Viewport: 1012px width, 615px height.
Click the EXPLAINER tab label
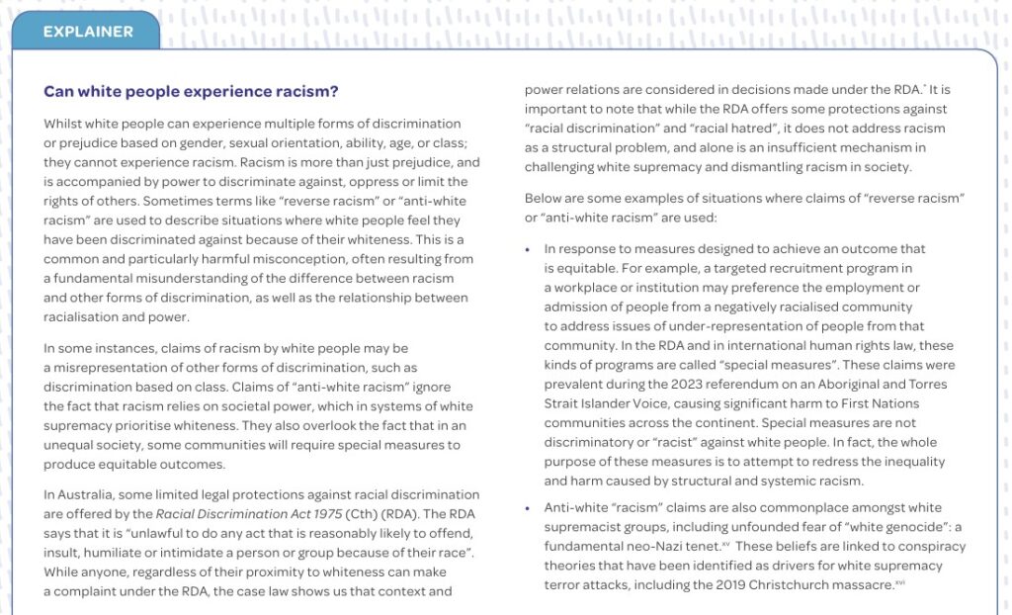click(88, 32)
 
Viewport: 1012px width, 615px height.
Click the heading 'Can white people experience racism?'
click(191, 92)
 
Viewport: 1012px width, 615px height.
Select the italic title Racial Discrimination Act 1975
click(233, 514)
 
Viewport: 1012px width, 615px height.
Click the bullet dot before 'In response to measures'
click(528, 249)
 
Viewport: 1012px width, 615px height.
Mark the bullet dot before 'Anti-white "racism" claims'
click(528, 508)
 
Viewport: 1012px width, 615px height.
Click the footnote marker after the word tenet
click(725, 544)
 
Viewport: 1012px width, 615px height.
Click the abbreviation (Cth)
click(334, 514)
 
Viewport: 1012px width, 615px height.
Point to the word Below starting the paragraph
click(545, 199)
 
